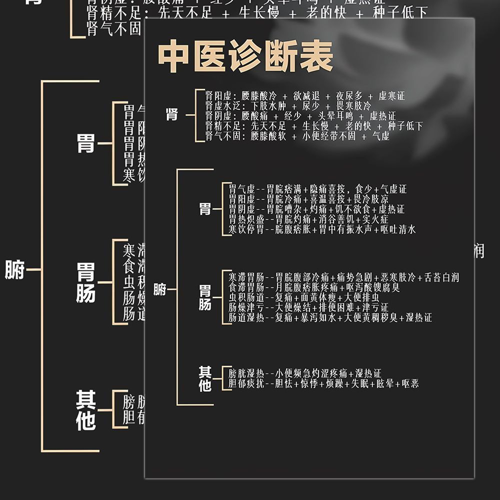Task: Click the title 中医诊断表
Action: [x=245, y=56]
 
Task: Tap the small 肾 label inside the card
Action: [x=172, y=114]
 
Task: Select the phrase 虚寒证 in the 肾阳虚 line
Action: [x=392, y=96]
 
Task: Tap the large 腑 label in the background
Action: [x=14, y=270]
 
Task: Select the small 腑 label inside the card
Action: [x=159, y=289]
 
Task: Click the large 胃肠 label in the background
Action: [x=85, y=282]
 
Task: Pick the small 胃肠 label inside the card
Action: [x=205, y=297]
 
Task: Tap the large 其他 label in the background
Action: [x=85, y=410]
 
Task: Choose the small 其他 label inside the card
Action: [x=205, y=378]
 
